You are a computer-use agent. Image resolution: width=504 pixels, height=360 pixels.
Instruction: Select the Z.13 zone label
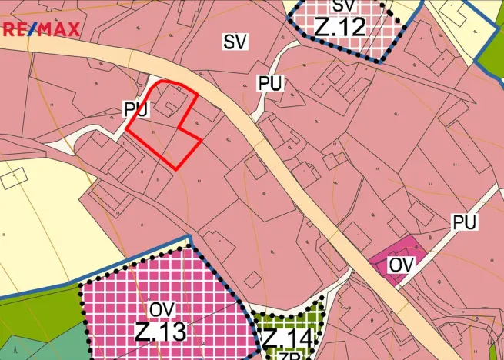159,332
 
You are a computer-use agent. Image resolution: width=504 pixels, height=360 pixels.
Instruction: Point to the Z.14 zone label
287,339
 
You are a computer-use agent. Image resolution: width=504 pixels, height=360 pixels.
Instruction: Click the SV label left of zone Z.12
235,42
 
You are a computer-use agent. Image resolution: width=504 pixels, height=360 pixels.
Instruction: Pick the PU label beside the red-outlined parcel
135,110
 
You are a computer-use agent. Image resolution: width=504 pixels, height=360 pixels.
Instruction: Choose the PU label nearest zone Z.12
270,84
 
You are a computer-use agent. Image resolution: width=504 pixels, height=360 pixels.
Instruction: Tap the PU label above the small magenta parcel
464,223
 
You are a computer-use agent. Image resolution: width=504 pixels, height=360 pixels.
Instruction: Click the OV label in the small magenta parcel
402,265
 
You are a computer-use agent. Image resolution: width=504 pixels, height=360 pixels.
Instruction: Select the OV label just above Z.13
161,309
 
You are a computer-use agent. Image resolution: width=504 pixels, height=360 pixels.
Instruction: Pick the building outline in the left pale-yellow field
12,179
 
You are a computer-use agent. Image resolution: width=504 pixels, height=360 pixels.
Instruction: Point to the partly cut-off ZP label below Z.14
287,356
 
